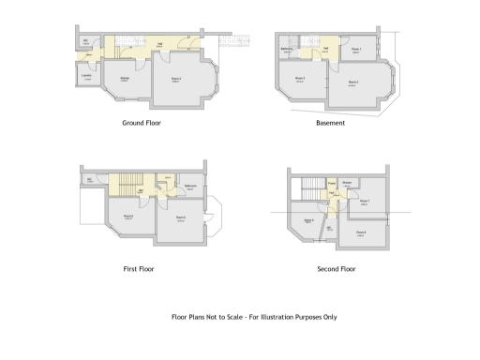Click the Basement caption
pyautogui.click(x=331, y=123)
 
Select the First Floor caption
pyautogui.click(x=139, y=269)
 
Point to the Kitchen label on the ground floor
pyautogui.click(x=124, y=79)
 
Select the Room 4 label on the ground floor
pyautogui.click(x=175, y=78)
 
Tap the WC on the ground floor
pyautogui.click(x=85, y=41)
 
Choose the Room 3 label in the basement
pyautogui.click(x=300, y=78)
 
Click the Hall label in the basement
pyautogui.click(x=324, y=49)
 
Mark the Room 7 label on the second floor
pyautogui.click(x=364, y=201)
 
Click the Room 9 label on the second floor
pyautogui.click(x=308, y=221)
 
